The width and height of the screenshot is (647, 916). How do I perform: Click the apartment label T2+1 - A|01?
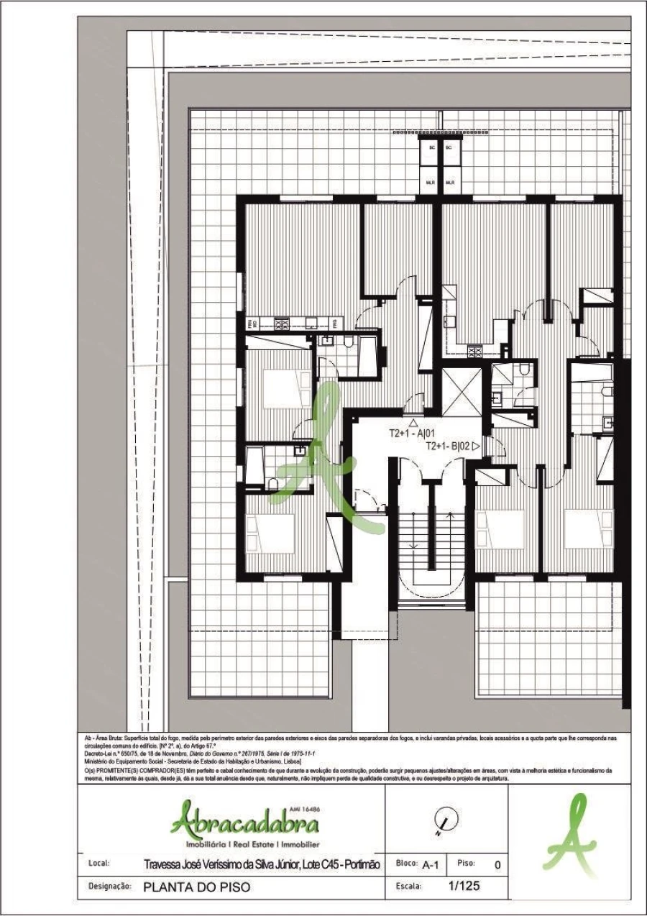(413, 434)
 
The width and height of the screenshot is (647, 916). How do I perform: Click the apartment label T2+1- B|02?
(448, 446)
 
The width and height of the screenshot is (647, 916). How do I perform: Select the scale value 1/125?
(463, 886)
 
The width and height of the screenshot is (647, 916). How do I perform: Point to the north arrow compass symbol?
(446, 820)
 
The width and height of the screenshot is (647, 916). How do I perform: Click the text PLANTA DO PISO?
(197, 887)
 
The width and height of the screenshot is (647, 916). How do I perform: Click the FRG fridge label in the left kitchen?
(334, 324)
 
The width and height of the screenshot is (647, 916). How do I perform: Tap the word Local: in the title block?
(98, 864)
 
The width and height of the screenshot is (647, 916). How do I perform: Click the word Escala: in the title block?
(408, 887)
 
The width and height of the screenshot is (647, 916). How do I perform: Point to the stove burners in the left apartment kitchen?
(282, 324)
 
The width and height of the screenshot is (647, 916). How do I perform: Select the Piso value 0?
(497, 864)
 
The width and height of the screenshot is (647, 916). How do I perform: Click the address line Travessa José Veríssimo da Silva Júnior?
(262, 864)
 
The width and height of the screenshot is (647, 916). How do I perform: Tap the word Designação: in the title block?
(109, 887)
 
